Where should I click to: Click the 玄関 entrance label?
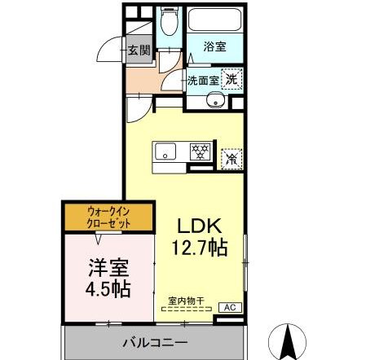pos(139,50)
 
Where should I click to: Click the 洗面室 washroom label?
pos(203,81)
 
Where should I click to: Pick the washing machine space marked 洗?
pos(232,80)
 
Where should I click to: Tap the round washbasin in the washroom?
pos(216,101)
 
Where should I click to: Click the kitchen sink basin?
pos(165,150)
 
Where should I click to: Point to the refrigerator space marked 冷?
pos(232,158)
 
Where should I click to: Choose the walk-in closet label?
pos(108,217)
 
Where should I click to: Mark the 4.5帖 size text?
pos(108,288)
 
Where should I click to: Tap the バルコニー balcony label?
pos(155,342)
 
